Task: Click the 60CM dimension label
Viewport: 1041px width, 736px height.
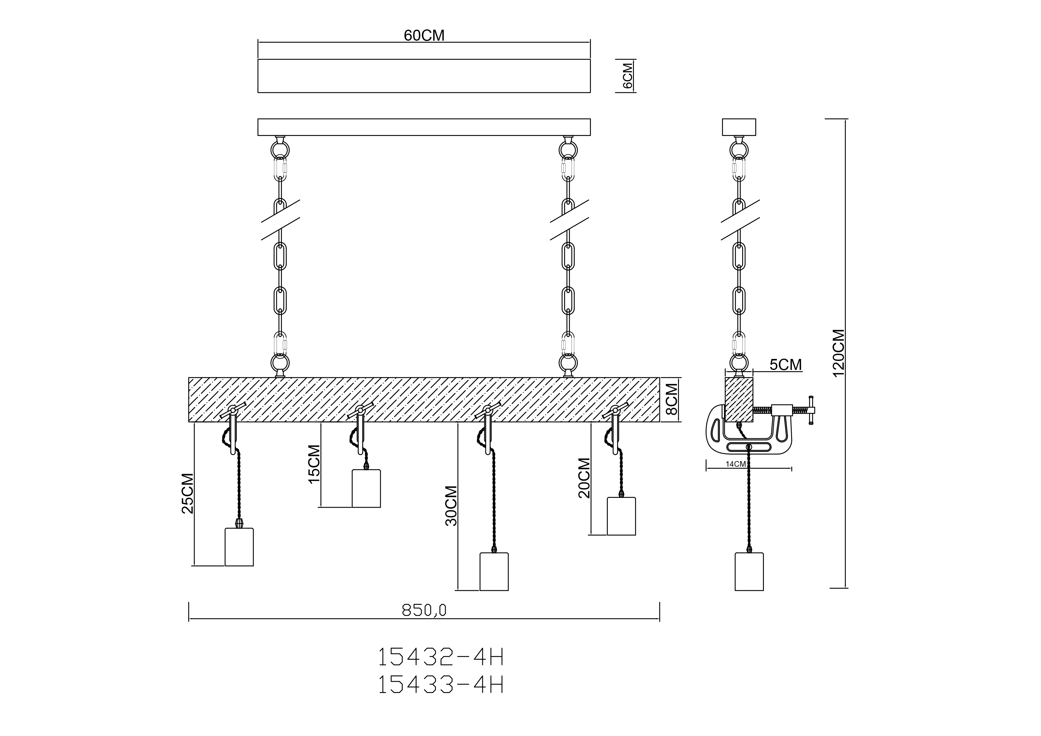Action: click(424, 35)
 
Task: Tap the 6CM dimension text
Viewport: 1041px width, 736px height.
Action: click(628, 76)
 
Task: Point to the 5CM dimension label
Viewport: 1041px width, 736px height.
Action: click(786, 364)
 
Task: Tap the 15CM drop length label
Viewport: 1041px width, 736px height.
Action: click(314, 464)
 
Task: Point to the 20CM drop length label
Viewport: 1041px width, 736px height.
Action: click(584, 478)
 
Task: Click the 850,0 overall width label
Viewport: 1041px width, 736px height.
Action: click(424, 610)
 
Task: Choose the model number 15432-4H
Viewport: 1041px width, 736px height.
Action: click(441, 657)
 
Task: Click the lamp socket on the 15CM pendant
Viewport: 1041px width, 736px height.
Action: click(366, 488)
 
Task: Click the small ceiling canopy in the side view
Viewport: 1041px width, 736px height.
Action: click(739, 127)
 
